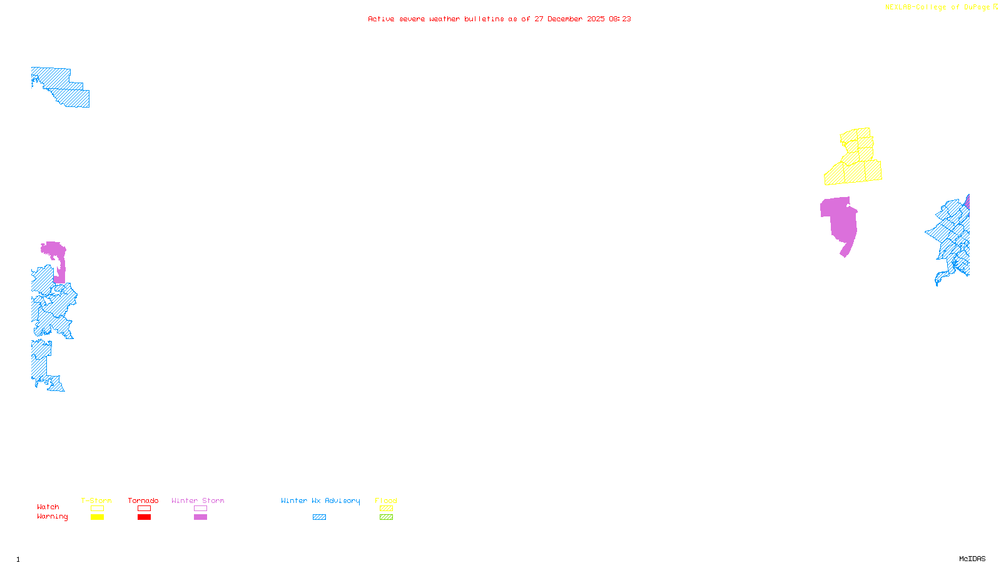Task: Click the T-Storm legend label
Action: [x=96, y=500]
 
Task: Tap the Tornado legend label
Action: [x=143, y=500]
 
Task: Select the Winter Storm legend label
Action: [x=198, y=500]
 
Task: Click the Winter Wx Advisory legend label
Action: [x=320, y=500]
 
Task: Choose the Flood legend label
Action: [x=386, y=500]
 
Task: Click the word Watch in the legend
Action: [x=48, y=507]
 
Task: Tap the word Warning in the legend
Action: [x=53, y=517]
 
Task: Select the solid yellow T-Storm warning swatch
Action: [x=97, y=517]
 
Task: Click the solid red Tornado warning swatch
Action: [x=145, y=517]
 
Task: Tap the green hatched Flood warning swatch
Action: [x=387, y=517]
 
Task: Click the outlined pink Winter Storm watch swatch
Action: [x=200, y=509]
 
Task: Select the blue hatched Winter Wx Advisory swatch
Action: [x=319, y=517]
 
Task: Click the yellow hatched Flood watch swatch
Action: [x=387, y=509]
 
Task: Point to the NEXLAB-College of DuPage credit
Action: [x=938, y=8]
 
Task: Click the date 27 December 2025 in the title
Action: [x=569, y=19]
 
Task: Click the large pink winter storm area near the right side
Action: [x=841, y=222]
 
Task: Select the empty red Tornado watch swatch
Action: [x=145, y=509]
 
